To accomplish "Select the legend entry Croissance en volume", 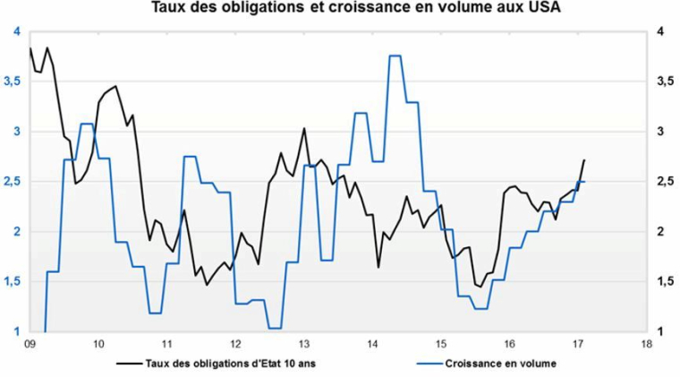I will (500, 364).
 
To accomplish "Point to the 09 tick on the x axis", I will (30, 343).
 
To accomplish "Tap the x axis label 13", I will (304, 343).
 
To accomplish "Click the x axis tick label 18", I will (646, 343).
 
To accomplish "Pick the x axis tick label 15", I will (441, 343).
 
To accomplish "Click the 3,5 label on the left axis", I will (13, 81).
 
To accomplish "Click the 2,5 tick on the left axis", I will (13, 182).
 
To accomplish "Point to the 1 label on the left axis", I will (16, 332).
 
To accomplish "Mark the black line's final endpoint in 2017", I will (584, 160).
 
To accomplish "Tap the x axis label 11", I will (167, 343).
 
